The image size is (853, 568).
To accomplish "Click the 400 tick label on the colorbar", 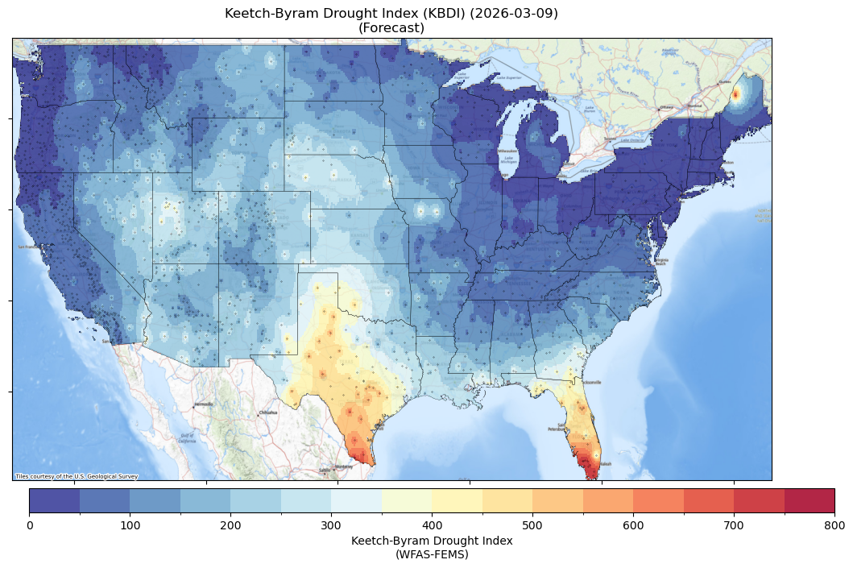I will click(432, 525).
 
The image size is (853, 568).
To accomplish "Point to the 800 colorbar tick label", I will click(834, 525).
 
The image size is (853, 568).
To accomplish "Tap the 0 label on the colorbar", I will click(30, 525).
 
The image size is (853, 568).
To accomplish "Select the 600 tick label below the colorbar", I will click(633, 525).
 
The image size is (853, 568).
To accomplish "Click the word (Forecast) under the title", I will click(391, 27).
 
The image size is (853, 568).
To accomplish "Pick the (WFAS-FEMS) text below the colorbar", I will click(432, 554).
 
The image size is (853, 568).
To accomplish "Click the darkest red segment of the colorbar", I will click(809, 500).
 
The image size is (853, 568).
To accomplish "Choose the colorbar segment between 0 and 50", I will click(55, 500).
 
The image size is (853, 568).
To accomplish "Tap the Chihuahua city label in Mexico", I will click(267, 413).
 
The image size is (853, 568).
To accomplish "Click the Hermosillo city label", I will click(203, 404).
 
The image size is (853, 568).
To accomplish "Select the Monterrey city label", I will click(345, 466).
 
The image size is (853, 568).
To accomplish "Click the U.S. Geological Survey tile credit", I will click(77, 476).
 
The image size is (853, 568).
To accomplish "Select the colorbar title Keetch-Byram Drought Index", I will click(432, 541).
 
